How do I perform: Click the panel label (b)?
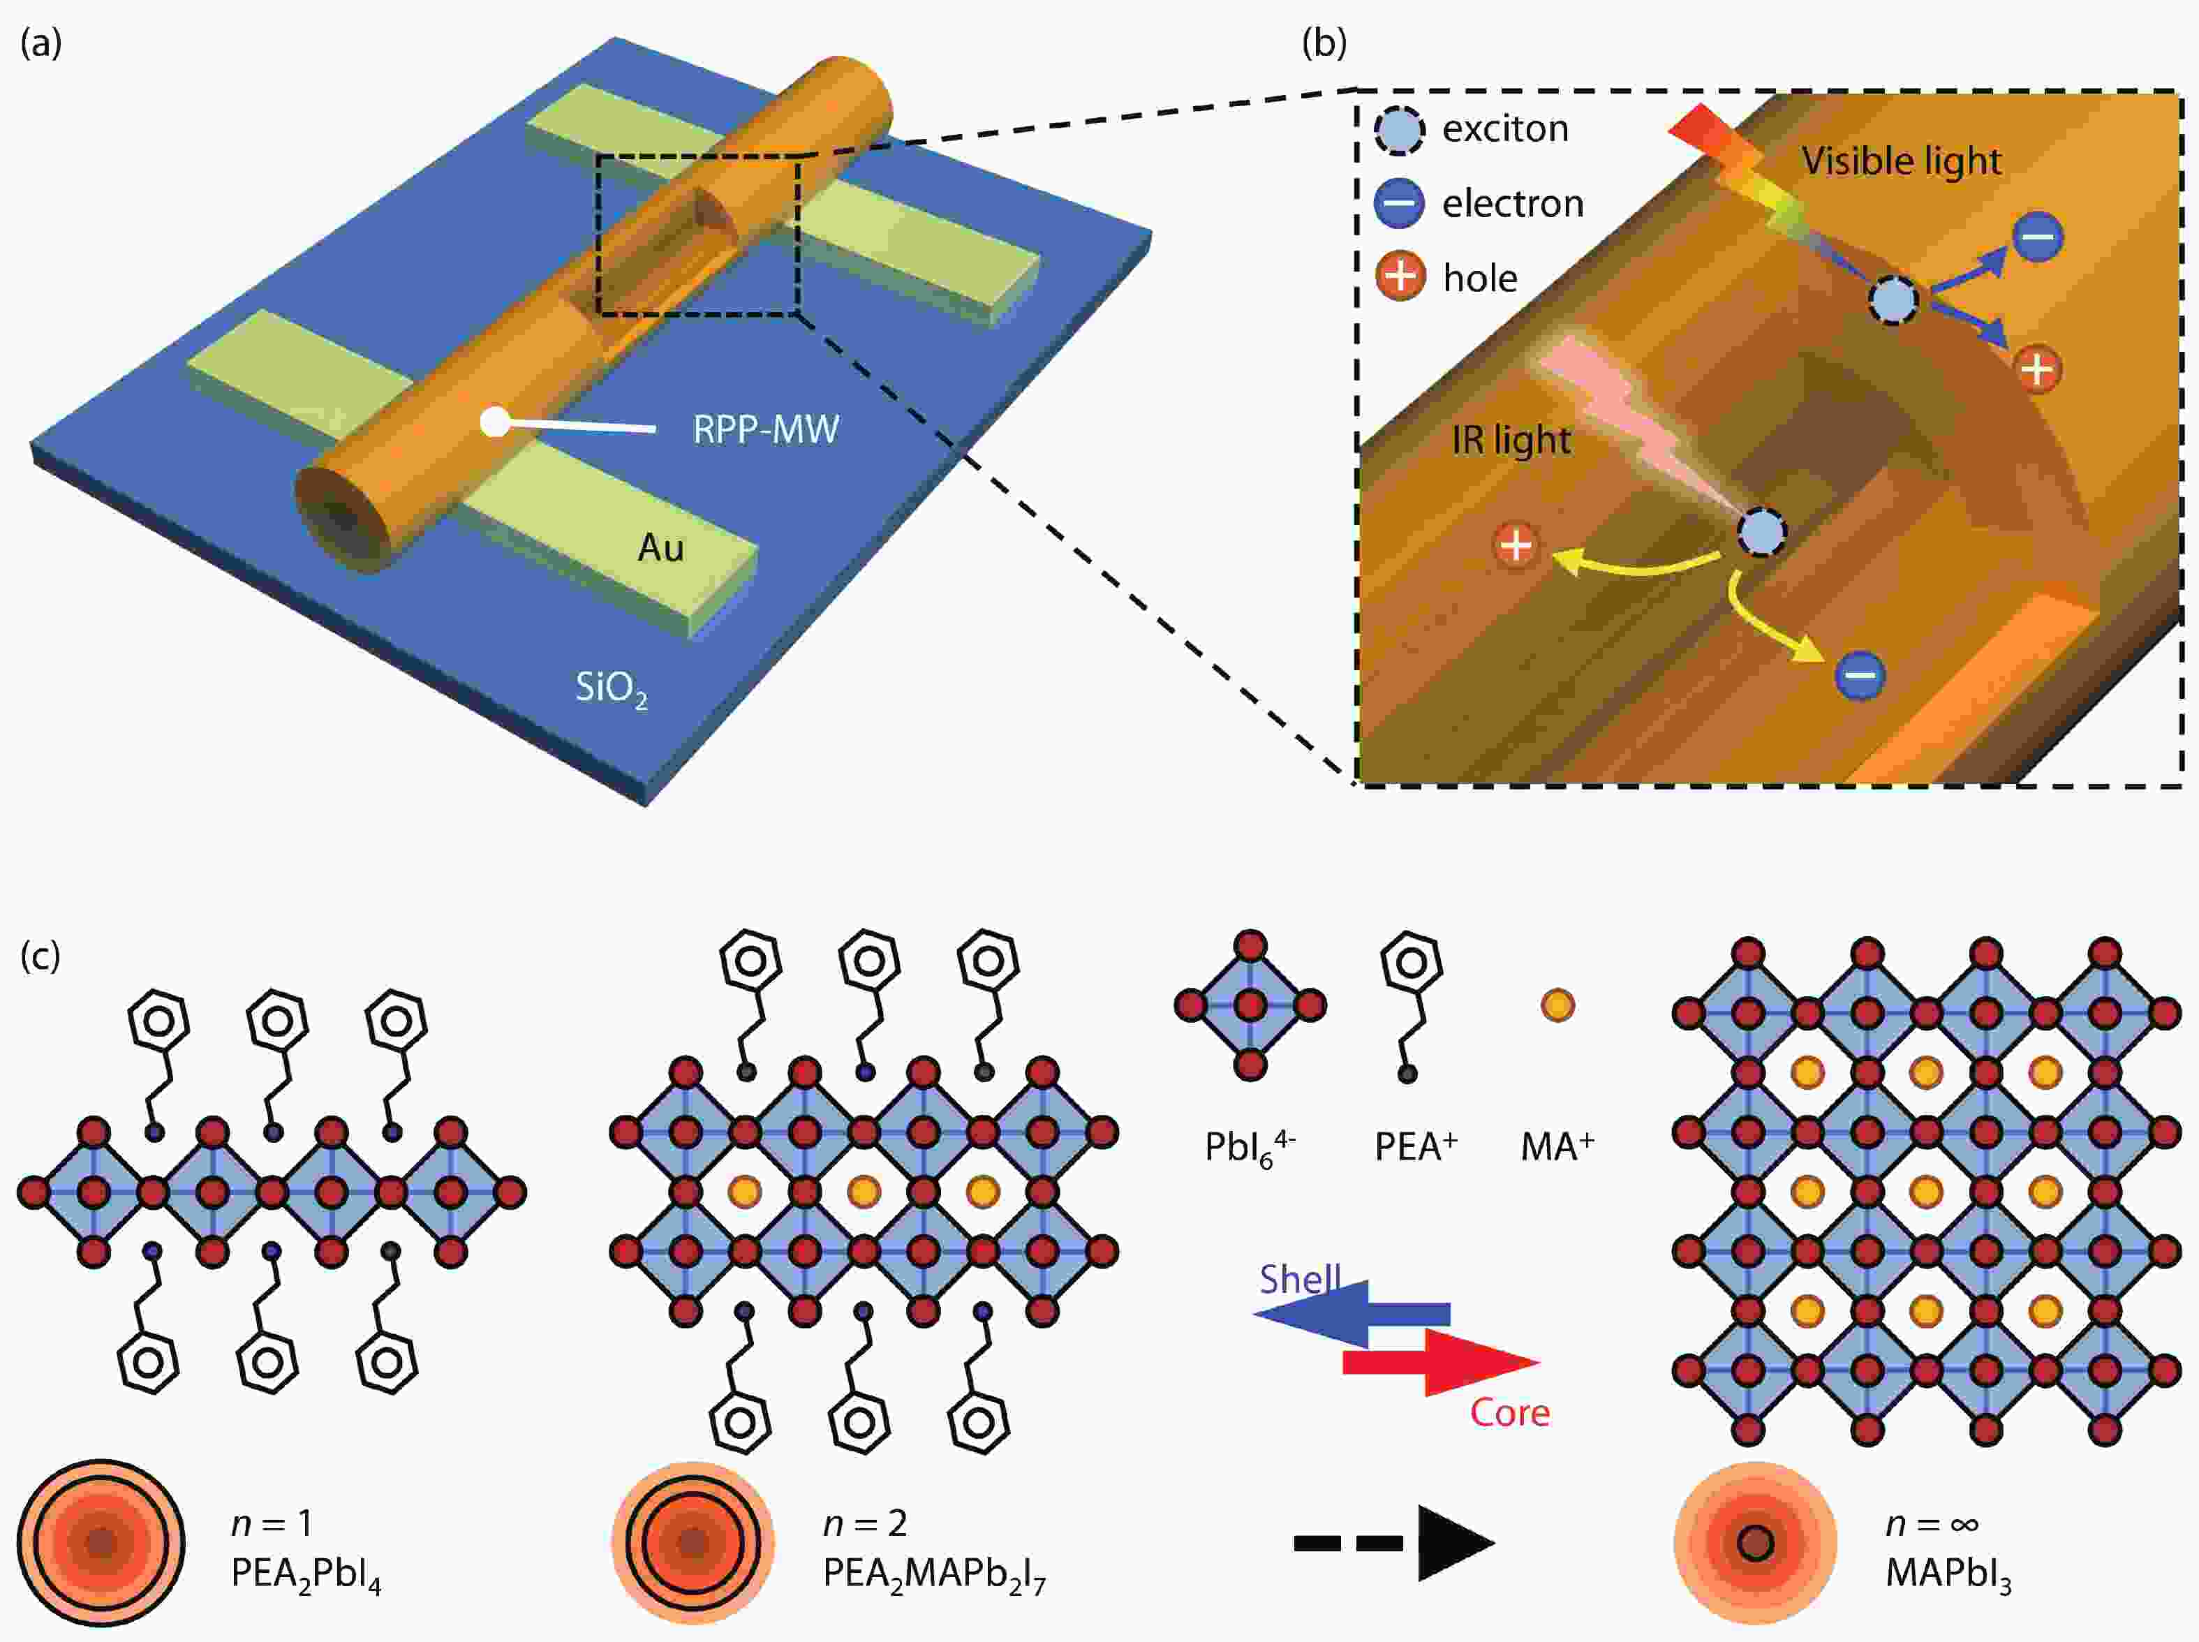(1324, 44)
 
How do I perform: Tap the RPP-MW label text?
(766, 429)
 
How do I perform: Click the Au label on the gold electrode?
(661, 547)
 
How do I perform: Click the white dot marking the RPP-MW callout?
(494, 422)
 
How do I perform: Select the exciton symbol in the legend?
(1399, 131)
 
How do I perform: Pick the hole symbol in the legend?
(1399, 276)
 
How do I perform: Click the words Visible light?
(1902, 161)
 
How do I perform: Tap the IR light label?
(1511, 441)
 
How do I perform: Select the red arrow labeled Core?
(1441, 1363)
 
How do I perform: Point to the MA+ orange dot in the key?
(1557, 1005)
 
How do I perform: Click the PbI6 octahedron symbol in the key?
(1250, 1005)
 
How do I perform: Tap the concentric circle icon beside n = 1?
(101, 1543)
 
